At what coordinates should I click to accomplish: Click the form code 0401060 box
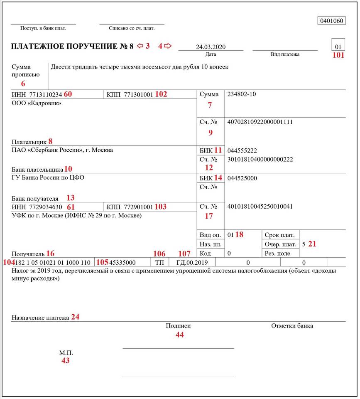tap(331, 21)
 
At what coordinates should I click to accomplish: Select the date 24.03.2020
tap(211, 47)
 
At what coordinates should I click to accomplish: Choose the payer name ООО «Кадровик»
tap(36, 103)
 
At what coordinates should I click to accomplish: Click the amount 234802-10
tap(242, 94)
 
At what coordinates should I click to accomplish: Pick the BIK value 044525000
tap(242, 178)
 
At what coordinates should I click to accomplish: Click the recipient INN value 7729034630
tap(45, 207)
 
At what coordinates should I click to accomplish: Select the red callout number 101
tap(338, 55)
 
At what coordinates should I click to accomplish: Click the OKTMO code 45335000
tap(122, 263)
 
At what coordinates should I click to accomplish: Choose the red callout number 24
tap(75, 317)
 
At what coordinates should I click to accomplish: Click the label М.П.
tap(66, 353)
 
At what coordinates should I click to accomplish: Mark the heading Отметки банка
tap(292, 326)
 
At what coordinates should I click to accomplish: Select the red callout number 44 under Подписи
tap(179, 335)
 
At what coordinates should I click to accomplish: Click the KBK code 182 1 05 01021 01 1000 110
tap(52, 263)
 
